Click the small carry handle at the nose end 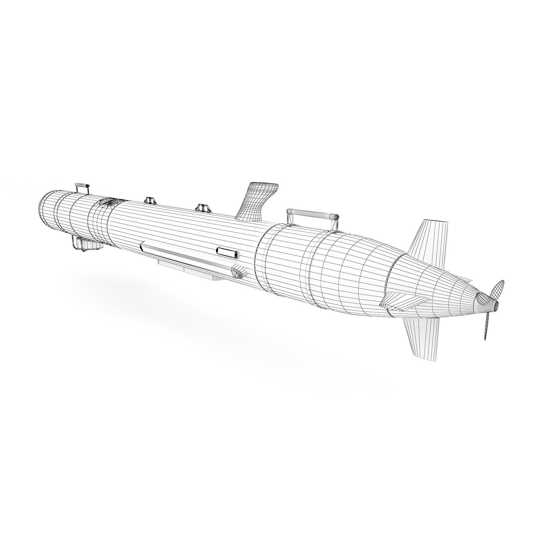(82, 185)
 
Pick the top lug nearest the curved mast (203, 208)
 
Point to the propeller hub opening (496, 305)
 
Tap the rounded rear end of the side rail (239, 272)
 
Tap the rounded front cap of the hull (46, 209)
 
